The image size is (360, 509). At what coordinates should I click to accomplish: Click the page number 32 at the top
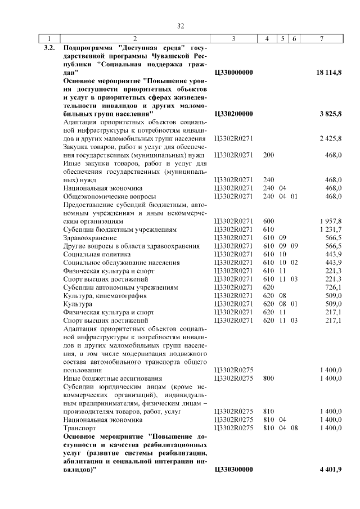click(181, 26)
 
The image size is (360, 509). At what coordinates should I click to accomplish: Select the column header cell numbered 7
click(321, 39)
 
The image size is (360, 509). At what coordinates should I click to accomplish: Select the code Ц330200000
click(235, 114)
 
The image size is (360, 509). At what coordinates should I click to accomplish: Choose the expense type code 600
click(268, 222)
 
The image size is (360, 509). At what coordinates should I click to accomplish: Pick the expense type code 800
click(268, 379)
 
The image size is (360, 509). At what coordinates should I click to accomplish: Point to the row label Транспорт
click(79, 428)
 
